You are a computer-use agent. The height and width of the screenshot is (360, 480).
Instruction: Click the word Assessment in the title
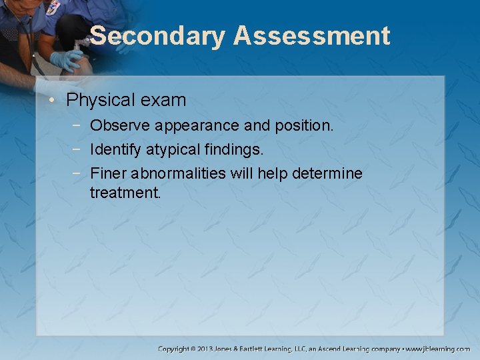click(x=311, y=36)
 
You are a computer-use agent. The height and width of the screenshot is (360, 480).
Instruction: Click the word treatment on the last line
click(x=125, y=193)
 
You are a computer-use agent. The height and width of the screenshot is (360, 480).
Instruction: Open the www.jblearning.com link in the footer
click(x=438, y=349)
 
